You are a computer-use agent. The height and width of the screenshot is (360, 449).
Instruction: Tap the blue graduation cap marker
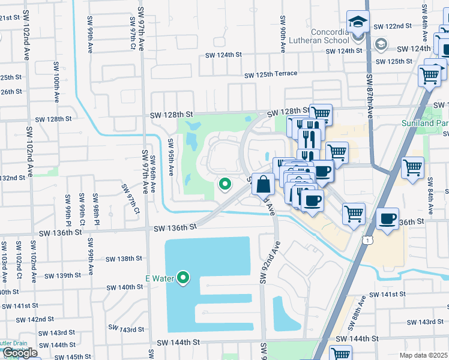tap(358, 23)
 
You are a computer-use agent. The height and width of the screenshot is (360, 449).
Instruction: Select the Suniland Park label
tap(424, 123)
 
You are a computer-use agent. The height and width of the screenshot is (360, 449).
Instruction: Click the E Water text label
tap(160, 278)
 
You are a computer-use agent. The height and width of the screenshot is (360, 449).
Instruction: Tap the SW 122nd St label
tap(393, 26)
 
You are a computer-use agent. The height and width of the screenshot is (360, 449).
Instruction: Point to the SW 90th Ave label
tap(282, 38)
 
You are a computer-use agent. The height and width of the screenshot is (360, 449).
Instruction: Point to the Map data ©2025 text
tap(424, 355)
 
